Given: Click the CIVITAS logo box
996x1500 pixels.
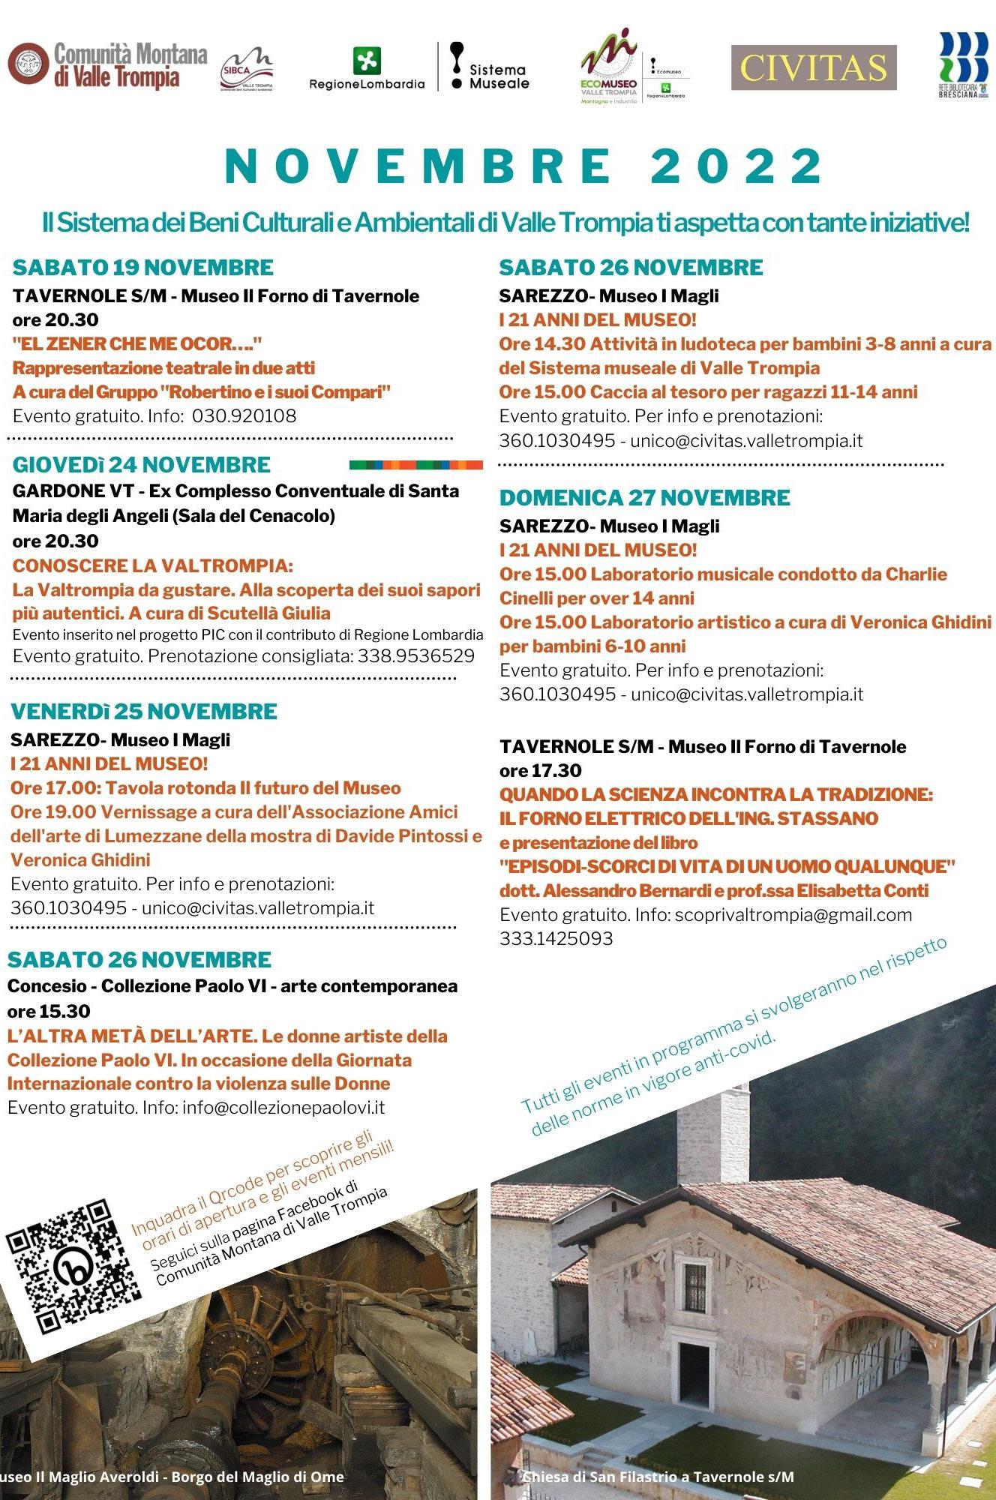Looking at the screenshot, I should [x=814, y=67].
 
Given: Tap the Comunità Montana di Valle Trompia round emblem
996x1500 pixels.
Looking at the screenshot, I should [x=28, y=63].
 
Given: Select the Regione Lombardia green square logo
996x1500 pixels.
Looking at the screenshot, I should [x=367, y=61].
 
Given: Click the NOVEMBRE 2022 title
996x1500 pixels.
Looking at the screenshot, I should [x=523, y=166].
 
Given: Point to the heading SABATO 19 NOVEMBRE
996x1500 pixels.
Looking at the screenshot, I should [x=143, y=268].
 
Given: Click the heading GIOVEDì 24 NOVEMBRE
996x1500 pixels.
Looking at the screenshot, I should [x=142, y=465].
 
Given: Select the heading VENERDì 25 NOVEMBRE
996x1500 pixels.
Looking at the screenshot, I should [x=144, y=712].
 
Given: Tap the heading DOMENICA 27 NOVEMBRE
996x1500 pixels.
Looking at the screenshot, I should [x=645, y=498].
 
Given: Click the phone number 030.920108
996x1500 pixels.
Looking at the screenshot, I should [x=244, y=416].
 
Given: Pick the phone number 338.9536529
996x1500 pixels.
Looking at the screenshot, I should [x=416, y=656].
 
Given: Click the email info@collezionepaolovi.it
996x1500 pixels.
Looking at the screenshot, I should [x=283, y=1108].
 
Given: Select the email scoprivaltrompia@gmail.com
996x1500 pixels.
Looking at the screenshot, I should [x=793, y=915].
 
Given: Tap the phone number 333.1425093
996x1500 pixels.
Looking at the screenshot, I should [x=556, y=939].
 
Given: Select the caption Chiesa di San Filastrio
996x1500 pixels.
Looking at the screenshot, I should [x=658, y=1477].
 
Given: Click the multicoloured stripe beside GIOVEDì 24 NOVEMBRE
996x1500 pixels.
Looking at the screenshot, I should [x=416, y=465].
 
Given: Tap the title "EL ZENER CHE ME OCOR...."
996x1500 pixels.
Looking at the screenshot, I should [x=137, y=344].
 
